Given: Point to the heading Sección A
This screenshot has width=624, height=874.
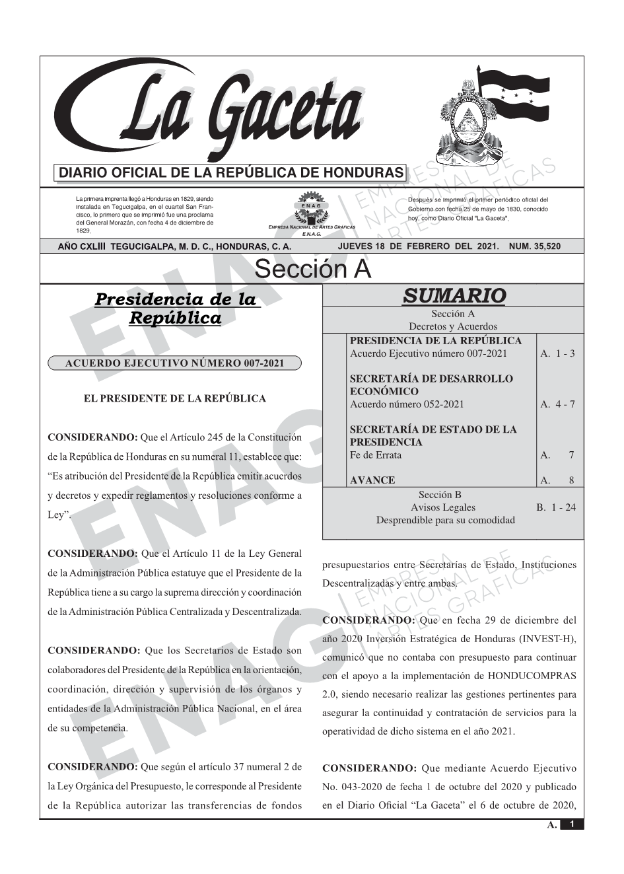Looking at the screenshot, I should click(x=312, y=270).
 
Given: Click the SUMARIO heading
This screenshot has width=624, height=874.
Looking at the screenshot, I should click(x=454, y=295).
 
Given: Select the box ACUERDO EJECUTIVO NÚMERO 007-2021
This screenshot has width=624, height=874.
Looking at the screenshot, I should click(x=174, y=363).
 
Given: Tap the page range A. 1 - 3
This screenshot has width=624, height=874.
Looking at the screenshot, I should click(x=557, y=353).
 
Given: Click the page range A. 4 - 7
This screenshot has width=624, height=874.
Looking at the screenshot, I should click(x=557, y=404).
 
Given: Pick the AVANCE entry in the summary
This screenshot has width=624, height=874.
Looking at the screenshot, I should click(x=372, y=480).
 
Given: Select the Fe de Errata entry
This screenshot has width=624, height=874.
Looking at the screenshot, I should click(x=375, y=455).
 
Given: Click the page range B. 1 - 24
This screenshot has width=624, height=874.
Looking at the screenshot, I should click(x=555, y=507).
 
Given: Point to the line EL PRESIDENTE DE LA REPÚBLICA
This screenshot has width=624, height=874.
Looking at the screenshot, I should click(x=174, y=398).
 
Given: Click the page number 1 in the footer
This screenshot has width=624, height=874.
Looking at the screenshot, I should click(x=572, y=824).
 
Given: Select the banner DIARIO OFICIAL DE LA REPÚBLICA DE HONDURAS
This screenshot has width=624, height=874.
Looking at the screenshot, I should click(x=231, y=173).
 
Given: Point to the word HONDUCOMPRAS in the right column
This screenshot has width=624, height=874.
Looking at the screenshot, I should click(x=532, y=676).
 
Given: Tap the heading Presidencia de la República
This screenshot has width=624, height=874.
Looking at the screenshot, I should click(x=175, y=309).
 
